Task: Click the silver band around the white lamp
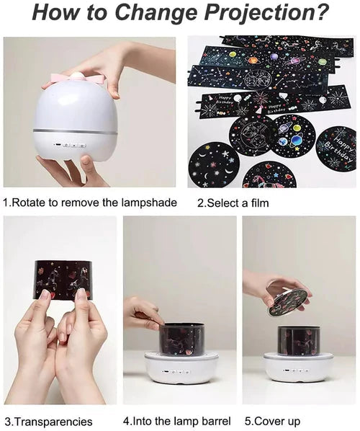tap(75, 131)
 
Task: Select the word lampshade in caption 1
tap(149, 203)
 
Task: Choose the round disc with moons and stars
tap(214, 164)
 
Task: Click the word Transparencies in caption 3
tap(53, 422)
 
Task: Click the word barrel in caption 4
tap(216, 421)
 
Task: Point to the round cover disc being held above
tap(288, 302)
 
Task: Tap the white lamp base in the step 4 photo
tap(181, 368)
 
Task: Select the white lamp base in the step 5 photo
tap(298, 367)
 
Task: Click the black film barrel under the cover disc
tap(299, 340)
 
